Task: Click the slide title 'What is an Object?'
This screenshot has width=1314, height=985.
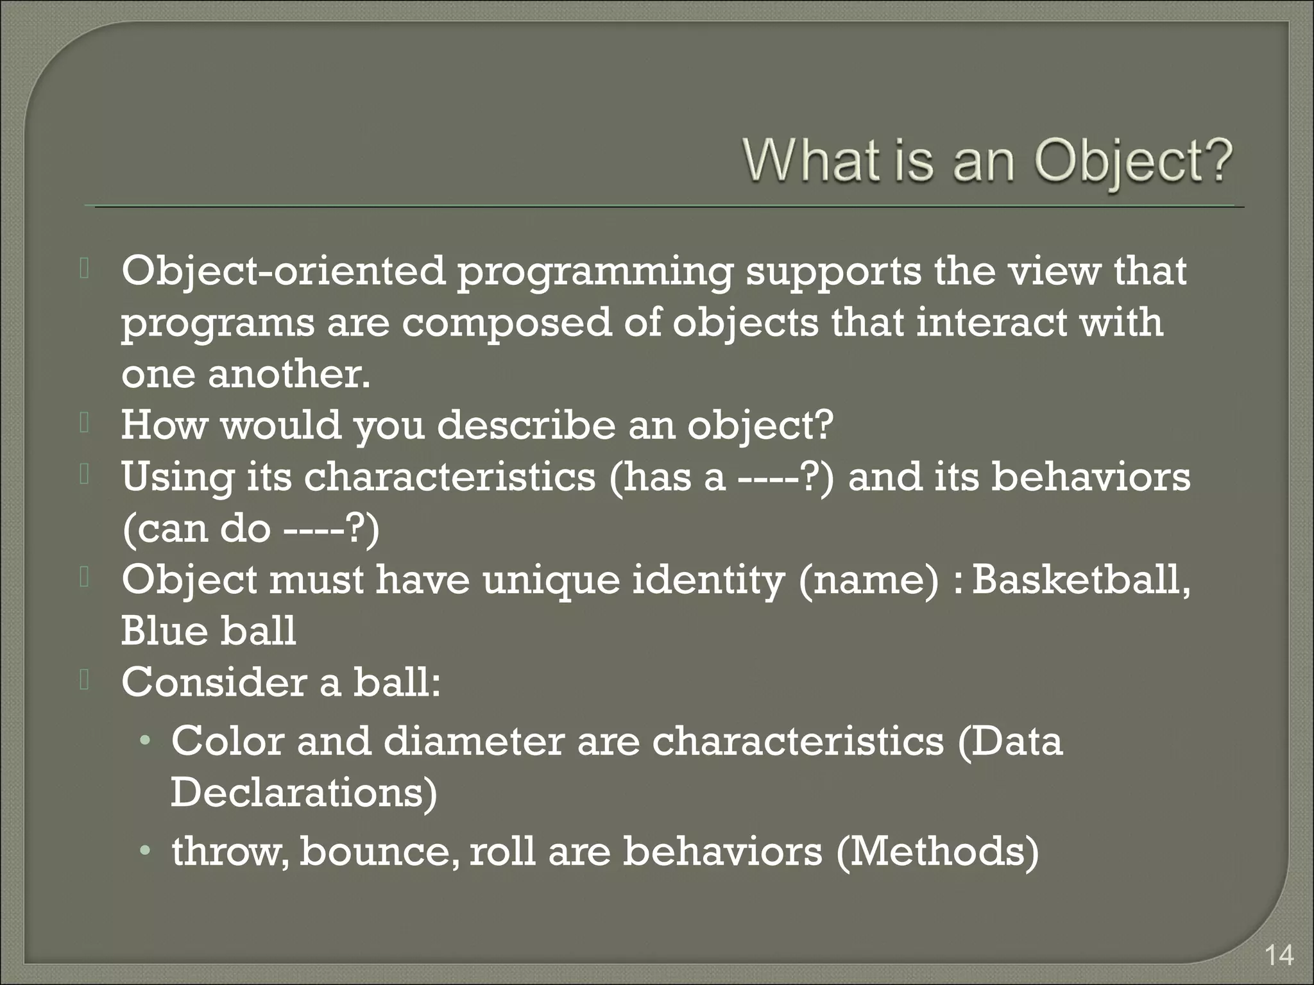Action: (987, 160)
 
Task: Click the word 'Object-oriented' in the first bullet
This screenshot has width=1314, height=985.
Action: (282, 272)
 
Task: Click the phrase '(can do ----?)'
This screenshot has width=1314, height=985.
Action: (250, 530)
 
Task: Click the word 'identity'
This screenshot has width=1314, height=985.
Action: (708, 581)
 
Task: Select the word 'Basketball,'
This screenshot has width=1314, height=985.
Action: (1081, 580)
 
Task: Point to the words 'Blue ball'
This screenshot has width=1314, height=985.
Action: (209, 631)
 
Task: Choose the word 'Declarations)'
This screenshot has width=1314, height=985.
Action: (303, 793)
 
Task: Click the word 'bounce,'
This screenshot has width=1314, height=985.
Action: (379, 852)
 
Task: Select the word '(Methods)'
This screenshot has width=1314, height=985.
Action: (937, 852)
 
